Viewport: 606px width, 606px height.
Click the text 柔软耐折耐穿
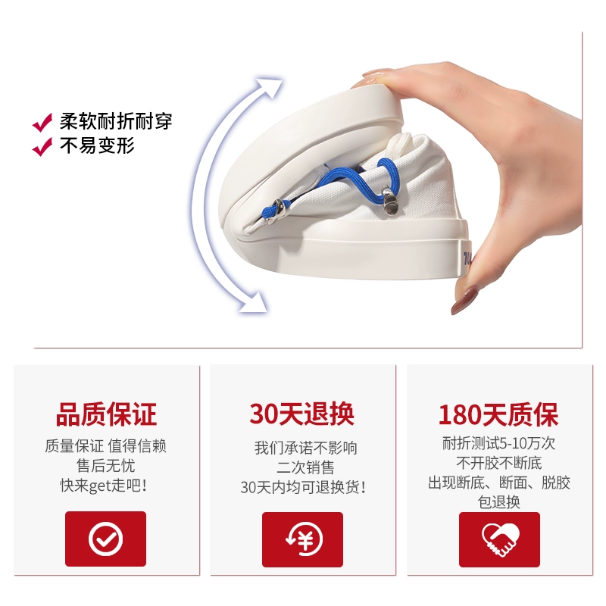[116, 122]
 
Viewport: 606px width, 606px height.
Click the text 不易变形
[97, 145]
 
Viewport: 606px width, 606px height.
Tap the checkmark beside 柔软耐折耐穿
[42, 123]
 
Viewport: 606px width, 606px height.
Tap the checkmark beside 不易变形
[42, 146]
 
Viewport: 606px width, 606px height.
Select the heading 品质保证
[106, 414]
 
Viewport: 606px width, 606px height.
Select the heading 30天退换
[301, 414]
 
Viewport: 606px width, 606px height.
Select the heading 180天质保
[498, 414]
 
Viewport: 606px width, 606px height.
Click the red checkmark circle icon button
[105, 539]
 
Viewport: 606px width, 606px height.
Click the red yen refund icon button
[302, 539]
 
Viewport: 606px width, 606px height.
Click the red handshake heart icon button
[499, 539]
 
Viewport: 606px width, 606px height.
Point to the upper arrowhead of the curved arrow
[270, 87]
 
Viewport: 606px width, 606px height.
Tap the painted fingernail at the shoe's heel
[464, 299]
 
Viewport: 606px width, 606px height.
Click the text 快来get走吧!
[103, 486]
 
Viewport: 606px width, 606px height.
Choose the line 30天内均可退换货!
[303, 487]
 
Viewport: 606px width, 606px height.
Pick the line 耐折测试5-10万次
[498, 443]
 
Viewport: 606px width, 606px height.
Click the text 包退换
[499, 502]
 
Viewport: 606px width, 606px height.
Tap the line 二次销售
[305, 467]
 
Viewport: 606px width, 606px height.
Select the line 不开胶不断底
[499, 463]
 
